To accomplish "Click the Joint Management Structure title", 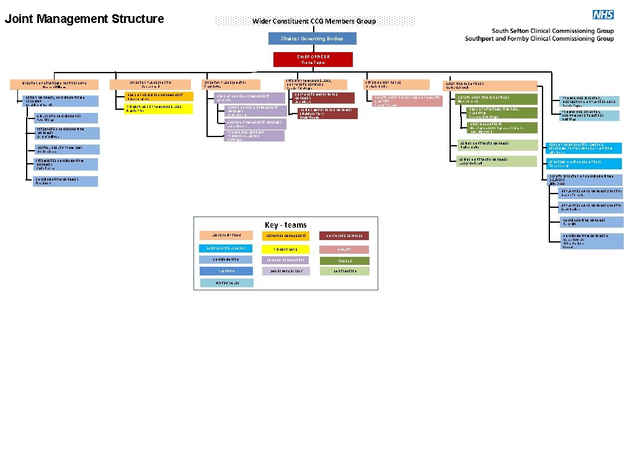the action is tap(84, 19).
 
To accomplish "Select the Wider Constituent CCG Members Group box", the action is tap(314, 21).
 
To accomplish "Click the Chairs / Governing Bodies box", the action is tap(312, 38).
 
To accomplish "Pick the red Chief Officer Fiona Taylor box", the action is tap(313, 60).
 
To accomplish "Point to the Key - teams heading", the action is tap(285, 225).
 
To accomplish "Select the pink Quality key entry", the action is tap(344, 249).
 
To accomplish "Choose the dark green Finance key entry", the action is tap(344, 261).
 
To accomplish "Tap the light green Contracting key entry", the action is tap(344, 271).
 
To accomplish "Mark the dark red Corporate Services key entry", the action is tap(344, 236).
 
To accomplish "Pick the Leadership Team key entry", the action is tap(226, 236).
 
